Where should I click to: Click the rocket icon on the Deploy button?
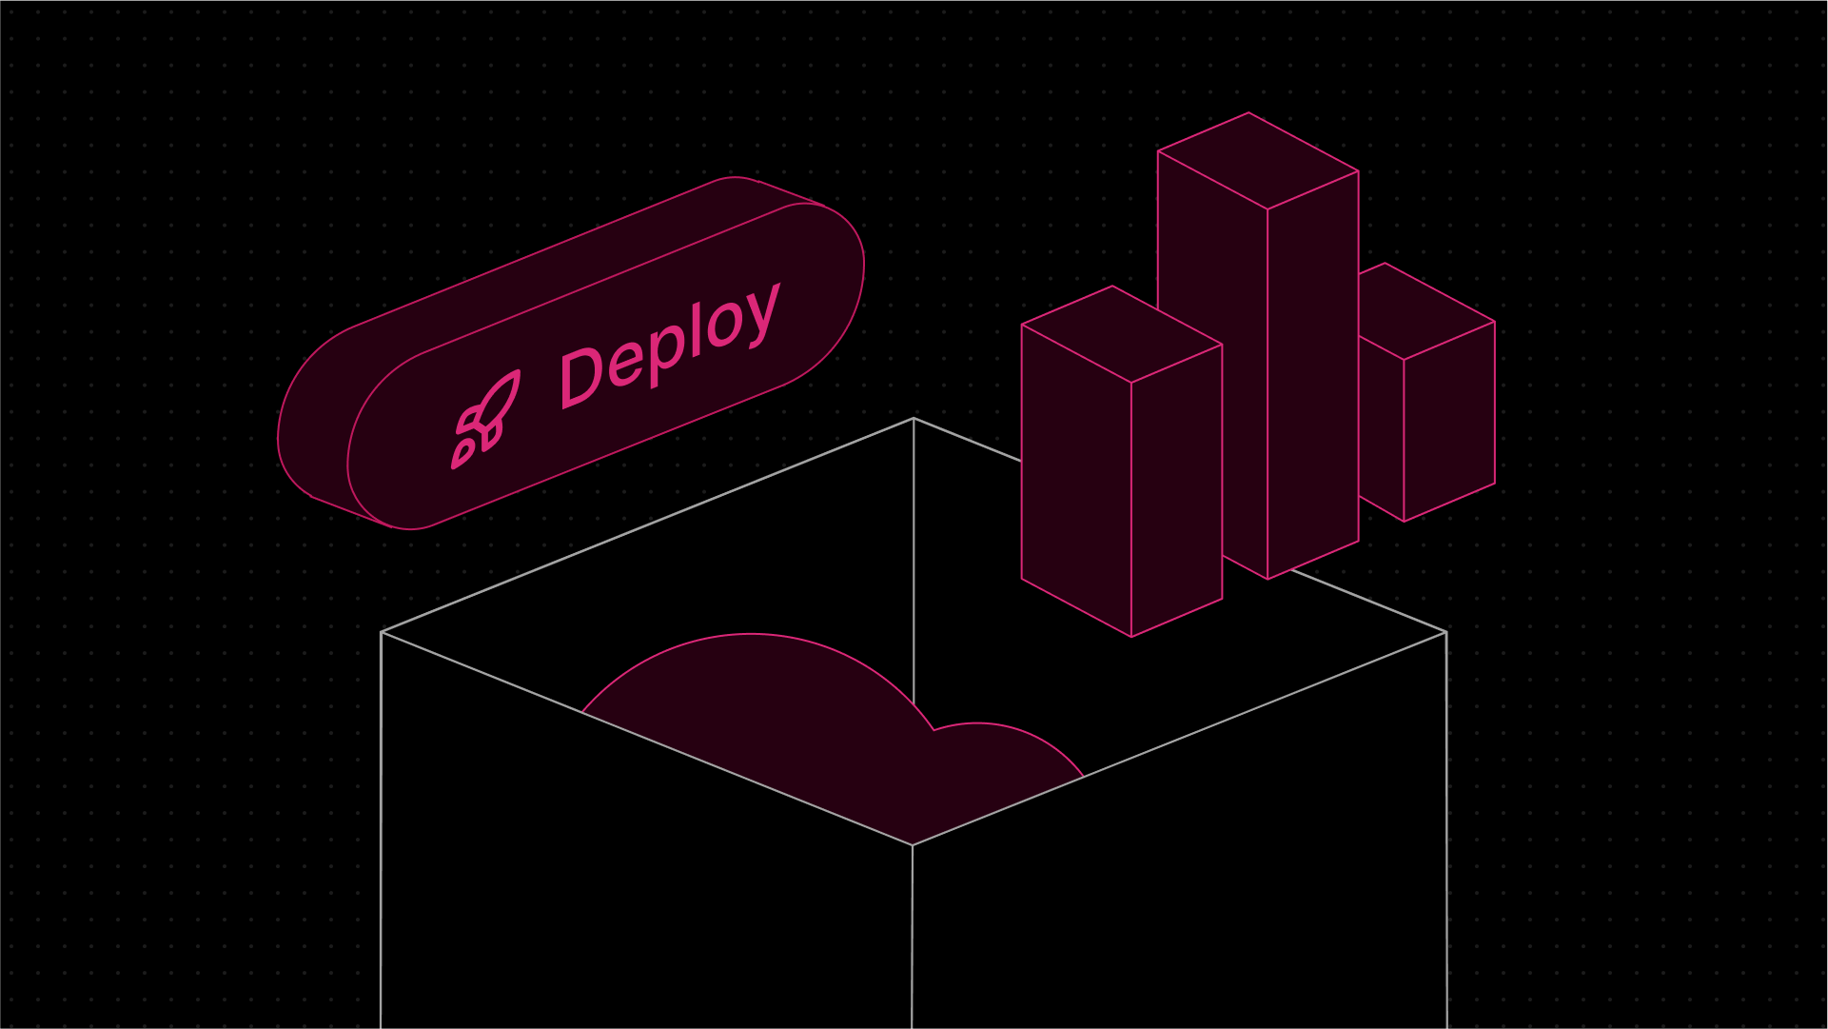[485, 419]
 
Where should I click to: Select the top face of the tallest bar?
[1258, 161]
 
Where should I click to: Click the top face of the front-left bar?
[1121, 334]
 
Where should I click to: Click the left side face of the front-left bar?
[1076, 481]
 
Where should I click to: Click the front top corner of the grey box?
[913, 845]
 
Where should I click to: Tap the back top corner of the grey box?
[914, 419]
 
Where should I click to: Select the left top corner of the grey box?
[382, 632]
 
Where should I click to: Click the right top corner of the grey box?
[1445, 632]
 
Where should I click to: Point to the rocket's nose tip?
[518, 373]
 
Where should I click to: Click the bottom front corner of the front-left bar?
[1131, 636]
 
